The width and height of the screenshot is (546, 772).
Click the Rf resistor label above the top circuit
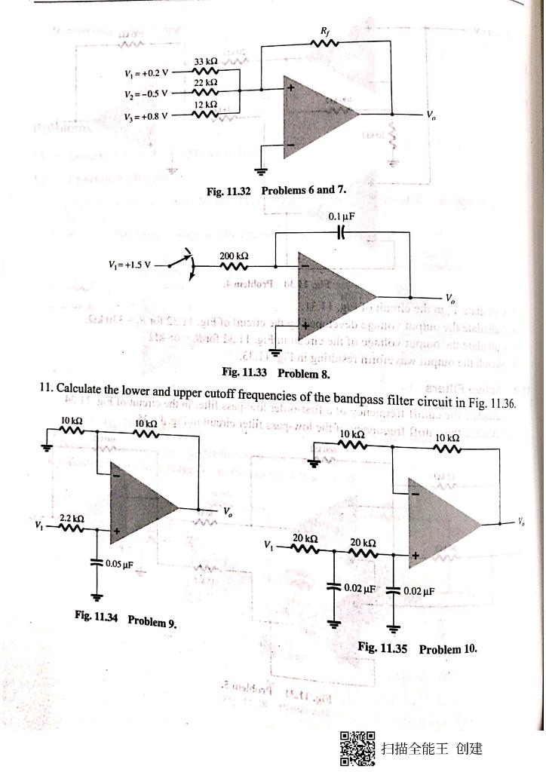(325, 30)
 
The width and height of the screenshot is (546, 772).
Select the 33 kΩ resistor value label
(206, 60)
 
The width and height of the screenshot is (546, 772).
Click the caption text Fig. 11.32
(229, 190)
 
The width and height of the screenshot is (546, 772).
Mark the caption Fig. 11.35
(384, 648)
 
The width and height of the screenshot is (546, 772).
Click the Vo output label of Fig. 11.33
(449, 296)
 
